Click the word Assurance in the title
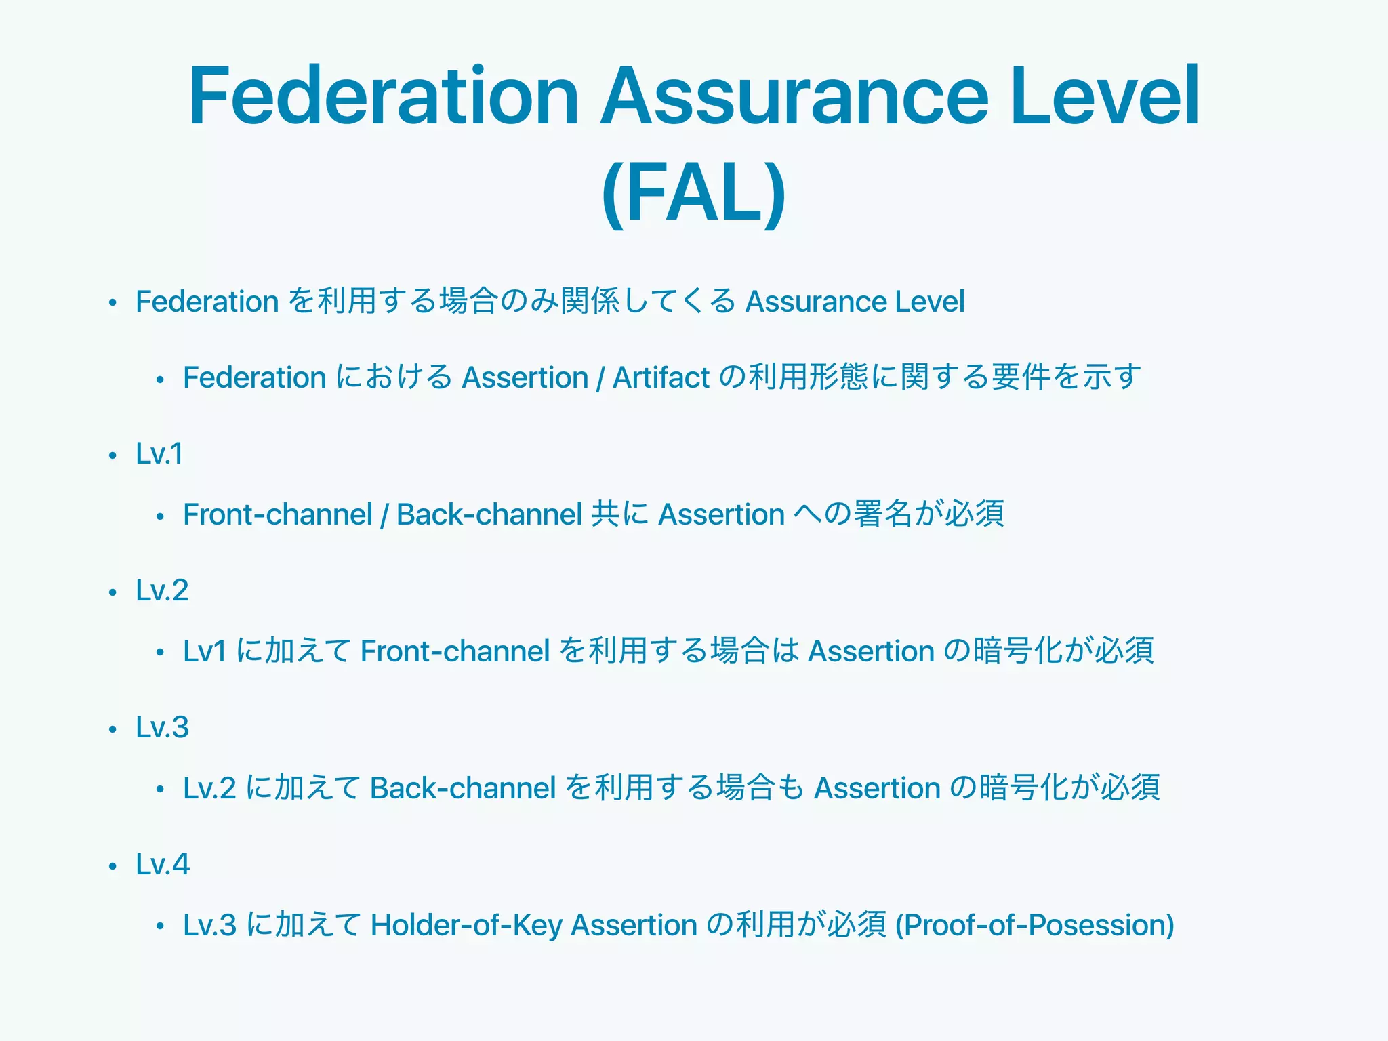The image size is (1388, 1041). [795, 96]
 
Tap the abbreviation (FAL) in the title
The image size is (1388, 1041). [693, 193]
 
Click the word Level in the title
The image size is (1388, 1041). [1105, 96]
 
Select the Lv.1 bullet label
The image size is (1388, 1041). [159, 453]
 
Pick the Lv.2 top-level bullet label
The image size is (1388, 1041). [162, 590]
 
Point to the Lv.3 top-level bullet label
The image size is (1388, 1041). [162, 727]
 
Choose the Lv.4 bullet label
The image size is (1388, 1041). [163, 864]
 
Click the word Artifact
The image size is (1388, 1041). [661, 377]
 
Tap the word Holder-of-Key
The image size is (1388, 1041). [466, 925]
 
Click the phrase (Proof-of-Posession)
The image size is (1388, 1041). [1035, 925]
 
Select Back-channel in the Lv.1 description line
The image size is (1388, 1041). [489, 514]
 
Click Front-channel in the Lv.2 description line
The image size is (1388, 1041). [455, 651]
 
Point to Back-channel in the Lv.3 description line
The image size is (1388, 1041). [463, 788]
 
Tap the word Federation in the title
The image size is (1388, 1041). [384, 96]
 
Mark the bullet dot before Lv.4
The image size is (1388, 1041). [113, 866]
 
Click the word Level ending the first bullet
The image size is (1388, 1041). [929, 302]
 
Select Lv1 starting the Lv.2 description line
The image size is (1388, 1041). [204, 651]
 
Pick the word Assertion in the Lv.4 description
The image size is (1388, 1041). [634, 925]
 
